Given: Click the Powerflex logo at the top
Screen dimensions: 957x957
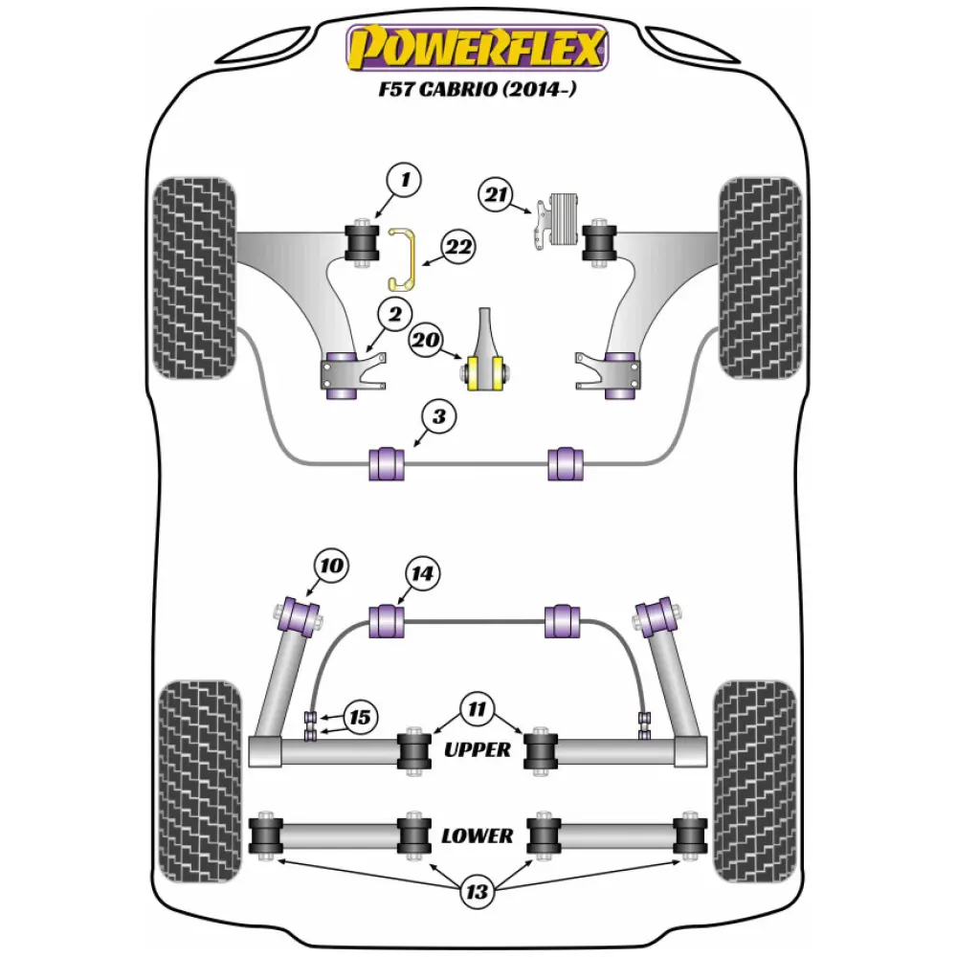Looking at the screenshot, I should [478, 48].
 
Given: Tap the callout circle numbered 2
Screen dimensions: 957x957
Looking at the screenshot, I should [393, 313].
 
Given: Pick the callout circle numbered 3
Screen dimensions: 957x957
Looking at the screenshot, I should [438, 417].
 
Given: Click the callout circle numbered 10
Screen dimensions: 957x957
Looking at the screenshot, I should [330, 566].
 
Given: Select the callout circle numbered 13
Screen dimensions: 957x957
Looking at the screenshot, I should [477, 893].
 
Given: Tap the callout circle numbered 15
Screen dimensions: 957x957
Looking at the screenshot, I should [360, 717].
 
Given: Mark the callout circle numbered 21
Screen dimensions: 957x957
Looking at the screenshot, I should [497, 196].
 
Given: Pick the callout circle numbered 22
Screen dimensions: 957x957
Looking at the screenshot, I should [458, 249].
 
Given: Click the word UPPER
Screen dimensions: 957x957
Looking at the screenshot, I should [478, 749].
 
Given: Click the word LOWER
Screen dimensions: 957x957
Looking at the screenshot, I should [477, 835].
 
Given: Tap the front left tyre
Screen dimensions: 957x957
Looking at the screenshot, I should [194, 278].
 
